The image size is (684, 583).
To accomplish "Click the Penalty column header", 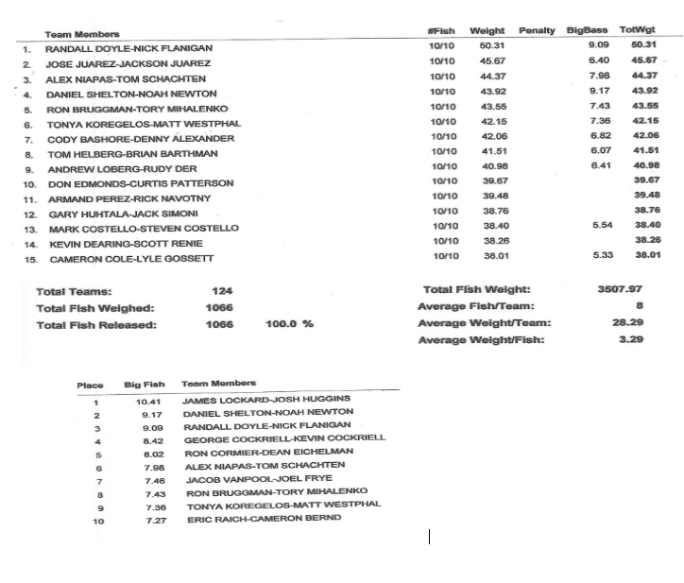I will [538, 31].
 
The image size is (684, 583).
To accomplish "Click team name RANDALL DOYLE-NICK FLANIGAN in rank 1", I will [129, 48].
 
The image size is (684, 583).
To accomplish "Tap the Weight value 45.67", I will [492, 62].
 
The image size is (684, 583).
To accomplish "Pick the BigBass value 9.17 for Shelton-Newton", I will [599, 92].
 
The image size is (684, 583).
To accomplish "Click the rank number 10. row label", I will [30, 183].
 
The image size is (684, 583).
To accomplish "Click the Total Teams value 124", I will [222, 291].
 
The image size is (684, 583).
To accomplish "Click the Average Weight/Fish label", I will [482, 340].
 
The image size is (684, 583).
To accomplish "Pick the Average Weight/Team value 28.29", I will [628, 323].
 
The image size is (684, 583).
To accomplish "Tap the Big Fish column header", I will [144, 385].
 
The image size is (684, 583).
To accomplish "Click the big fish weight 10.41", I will [149, 402].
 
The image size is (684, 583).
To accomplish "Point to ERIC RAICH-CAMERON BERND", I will [263, 519].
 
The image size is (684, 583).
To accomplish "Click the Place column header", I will [90, 385].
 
